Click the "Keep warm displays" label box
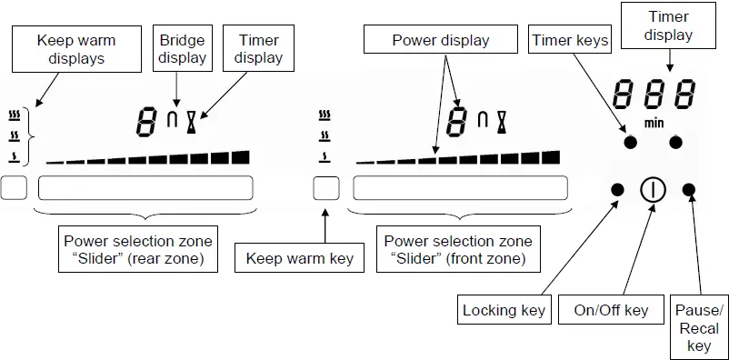pyautogui.click(x=76, y=49)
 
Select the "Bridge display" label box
pyautogui.click(x=182, y=49)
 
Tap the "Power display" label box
pyautogui.click(x=441, y=41)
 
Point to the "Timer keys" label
pyautogui.click(x=570, y=40)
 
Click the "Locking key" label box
pyautogui.click(x=504, y=310)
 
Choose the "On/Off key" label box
pyautogui.click(x=611, y=310)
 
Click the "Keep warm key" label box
pyautogui.click(x=300, y=259)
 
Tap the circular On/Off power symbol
pyautogui.click(x=653, y=189)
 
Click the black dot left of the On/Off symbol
pyautogui.click(x=618, y=189)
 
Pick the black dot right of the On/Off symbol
pyautogui.click(x=688, y=189)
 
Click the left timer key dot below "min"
pyautogui.click(x=629, y=142)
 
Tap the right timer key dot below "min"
pyautogui.click(x=676, y=142)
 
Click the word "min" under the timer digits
pyautogui.click(x=653, y=121)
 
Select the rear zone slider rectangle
pyautogui.click(x=145, y=189)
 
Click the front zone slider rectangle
pyautogui.click(x=462, y=189)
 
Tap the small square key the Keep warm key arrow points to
pyautogui.click(x=326, y=189)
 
